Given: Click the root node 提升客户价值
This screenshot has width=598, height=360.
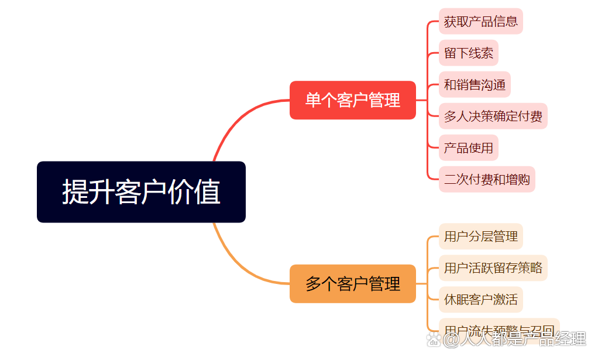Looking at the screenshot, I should click(141, 192).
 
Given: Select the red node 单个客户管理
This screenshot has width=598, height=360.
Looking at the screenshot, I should click(352, 100).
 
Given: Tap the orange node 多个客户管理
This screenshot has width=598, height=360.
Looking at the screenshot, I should click(352, 284).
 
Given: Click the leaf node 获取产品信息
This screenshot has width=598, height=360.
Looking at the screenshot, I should click(480, 22).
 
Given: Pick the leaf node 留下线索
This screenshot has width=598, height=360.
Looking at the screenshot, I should click(468, 53).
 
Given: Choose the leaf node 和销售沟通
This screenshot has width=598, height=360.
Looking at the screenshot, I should click(475, 85).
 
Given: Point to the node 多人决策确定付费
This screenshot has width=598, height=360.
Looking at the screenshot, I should click(493, 116).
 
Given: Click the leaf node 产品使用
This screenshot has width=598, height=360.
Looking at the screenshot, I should click(468, 148).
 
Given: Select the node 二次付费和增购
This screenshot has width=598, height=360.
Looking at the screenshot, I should click(487, 179).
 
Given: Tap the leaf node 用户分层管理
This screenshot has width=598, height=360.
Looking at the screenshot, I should click(480, 236).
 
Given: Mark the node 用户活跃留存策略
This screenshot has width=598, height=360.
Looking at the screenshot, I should click(493, 268).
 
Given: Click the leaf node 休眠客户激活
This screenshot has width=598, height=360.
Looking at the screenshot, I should click(480, 300).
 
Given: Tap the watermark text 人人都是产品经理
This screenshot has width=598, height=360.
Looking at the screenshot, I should click(515, 340).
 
